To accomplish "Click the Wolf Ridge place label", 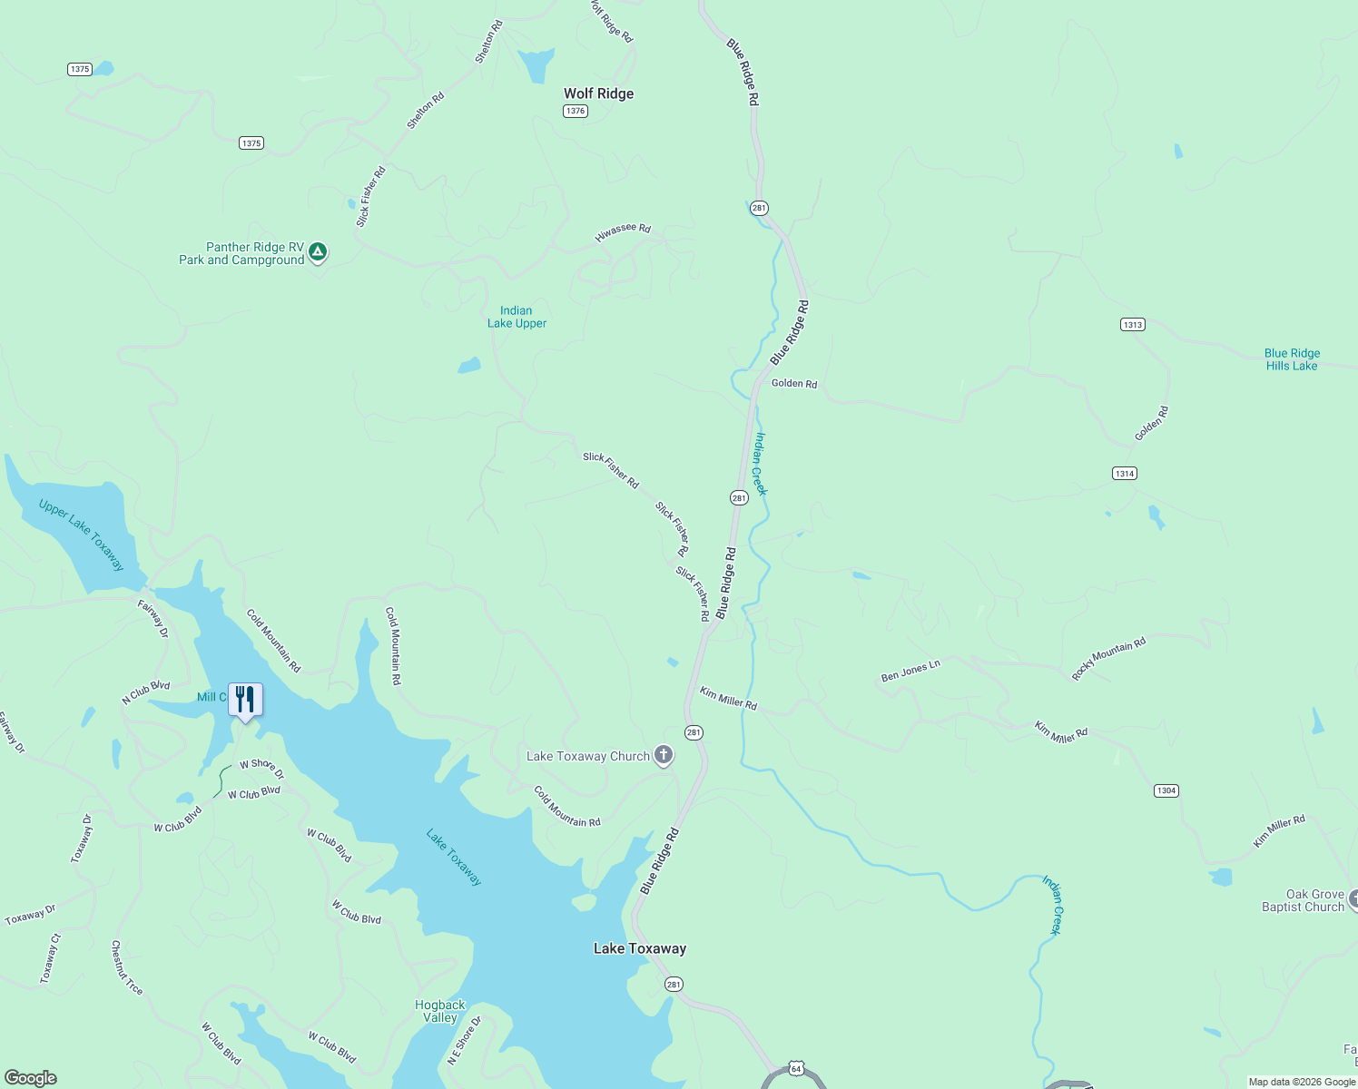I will point(598,93).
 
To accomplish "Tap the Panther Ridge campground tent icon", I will point(317,251).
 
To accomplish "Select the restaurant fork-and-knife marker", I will point(245,700).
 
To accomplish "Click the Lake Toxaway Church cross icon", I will point(664,755).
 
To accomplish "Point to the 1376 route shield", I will point(576,111).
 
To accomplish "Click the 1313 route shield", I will point(1132,325).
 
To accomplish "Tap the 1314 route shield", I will point(1124,474).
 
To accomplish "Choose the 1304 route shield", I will point(1166,790).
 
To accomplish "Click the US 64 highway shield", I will point(796,1069).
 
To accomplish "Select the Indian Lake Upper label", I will point(517,317).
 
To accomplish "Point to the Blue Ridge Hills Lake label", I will point(1292,359).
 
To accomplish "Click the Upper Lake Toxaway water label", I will point(82,535).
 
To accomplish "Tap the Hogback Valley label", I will point(440,1011).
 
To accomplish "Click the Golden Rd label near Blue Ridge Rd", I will point(794,384).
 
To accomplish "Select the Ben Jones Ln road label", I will point(910,671).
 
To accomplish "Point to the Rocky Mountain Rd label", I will point(1108,659).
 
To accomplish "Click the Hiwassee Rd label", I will point(623,232).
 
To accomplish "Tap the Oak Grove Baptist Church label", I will point(1303,900).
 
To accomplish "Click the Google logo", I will point(31,1077).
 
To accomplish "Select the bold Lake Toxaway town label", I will point(640,948).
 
